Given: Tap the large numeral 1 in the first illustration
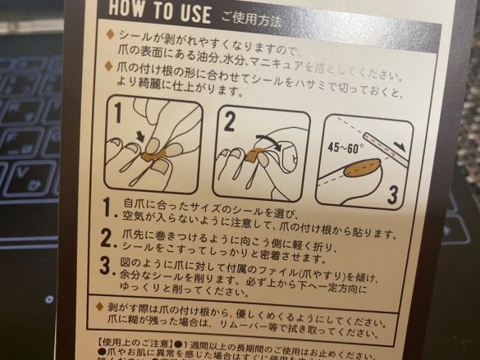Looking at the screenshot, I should [x=118, y=111].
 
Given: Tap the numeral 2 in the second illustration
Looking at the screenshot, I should [x=228, y=123].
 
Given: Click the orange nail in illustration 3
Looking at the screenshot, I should [x=360, y=170].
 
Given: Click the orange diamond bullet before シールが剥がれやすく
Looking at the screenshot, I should [x=111, y=35].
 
